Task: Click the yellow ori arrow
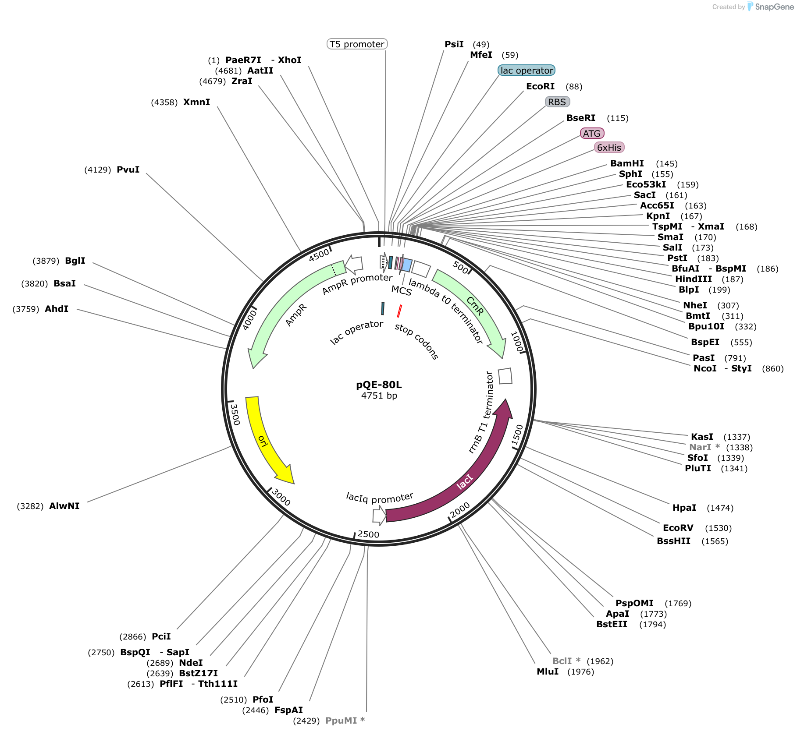point(262,440)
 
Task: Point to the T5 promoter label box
point(357,44)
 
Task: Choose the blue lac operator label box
point(527,70)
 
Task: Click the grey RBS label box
point(557,102)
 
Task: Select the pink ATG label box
point(592,133)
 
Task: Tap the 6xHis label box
point(609,147)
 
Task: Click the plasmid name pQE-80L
point(379,385)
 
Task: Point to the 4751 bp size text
point(379,396)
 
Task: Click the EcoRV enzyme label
point(678,528)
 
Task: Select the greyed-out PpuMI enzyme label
point(341,721)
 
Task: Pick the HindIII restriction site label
point(694,279)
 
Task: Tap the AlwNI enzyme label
point(64,506)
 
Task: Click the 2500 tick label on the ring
point(368,534)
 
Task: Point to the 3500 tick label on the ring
point(235,414)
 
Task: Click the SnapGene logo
point(770,7)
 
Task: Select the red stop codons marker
point(399,311)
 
